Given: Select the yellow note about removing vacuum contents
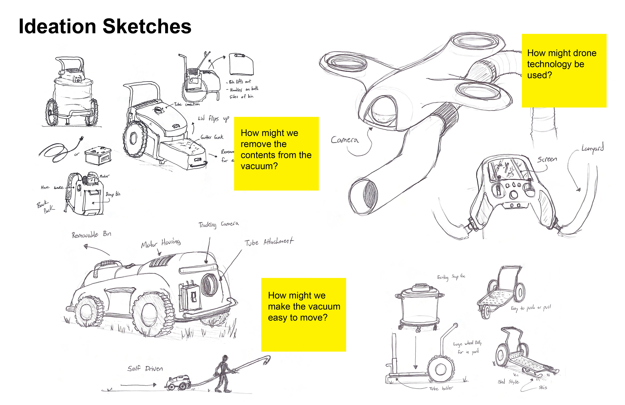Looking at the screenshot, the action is [x=276, y=153].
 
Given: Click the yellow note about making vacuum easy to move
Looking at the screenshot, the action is [x=304, y=315].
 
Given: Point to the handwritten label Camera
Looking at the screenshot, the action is [x=345, y=140].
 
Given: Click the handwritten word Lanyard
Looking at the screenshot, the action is [x=592, y=148].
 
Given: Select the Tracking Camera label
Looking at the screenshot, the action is [x=218, y=224].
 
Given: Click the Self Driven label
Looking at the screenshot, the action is [x=145, y=368].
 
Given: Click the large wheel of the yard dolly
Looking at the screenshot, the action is [x=441, y=369].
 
